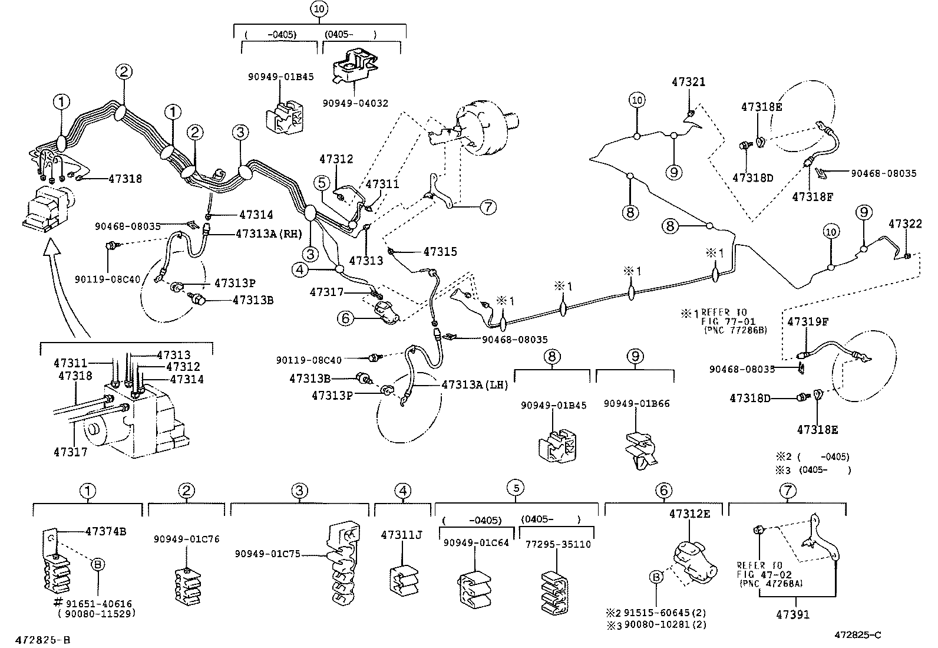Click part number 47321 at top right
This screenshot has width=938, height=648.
click(x=688, y=82)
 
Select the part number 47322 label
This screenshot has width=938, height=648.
click(x=905, y=224)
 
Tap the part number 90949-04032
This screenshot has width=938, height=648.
click(x=355, y=103)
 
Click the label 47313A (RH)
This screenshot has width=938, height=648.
click(x=269, y=233)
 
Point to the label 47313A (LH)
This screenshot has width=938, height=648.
click(x=474, y=384)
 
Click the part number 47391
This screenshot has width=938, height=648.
click(x=792, y=614)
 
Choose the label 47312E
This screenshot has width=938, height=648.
click(x=689, y=514)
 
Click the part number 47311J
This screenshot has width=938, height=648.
click(x=402, y=535)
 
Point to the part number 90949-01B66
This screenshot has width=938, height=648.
click(x=636, y=404)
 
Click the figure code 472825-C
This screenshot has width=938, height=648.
click(x=857, y=635)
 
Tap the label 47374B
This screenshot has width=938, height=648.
click(x=105, y=531)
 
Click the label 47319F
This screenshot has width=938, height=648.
click(x=808, y=322)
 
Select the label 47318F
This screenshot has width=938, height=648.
click(x=813, y=197)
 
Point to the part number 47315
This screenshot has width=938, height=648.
click(x=440, y=252)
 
